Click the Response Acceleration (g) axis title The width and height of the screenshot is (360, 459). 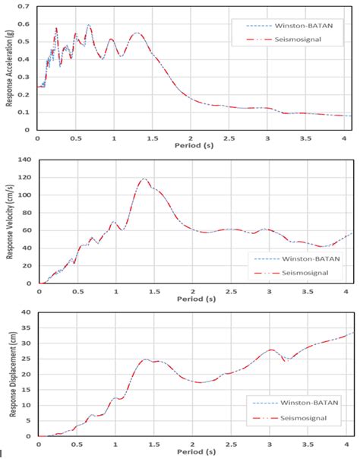pos(9,67)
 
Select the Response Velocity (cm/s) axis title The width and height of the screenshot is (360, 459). pos(9,220)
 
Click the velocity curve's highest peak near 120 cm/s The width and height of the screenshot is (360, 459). pos(144,179)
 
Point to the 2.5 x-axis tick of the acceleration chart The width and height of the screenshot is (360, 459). pos(229,138)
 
